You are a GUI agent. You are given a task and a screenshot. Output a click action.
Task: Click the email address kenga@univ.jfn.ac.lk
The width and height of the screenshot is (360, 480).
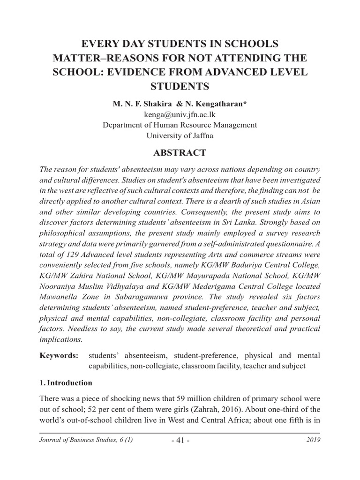tap(180, 115)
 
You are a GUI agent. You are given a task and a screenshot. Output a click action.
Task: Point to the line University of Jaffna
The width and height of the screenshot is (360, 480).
tap(180, 135)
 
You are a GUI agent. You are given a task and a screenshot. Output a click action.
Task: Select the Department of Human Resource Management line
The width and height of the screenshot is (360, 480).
tap(180, 125)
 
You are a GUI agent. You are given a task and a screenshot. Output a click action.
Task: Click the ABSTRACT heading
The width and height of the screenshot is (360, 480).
tap(180, 153)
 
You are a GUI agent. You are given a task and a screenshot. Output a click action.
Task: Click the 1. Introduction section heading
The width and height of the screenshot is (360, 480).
tap(66, 383)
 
